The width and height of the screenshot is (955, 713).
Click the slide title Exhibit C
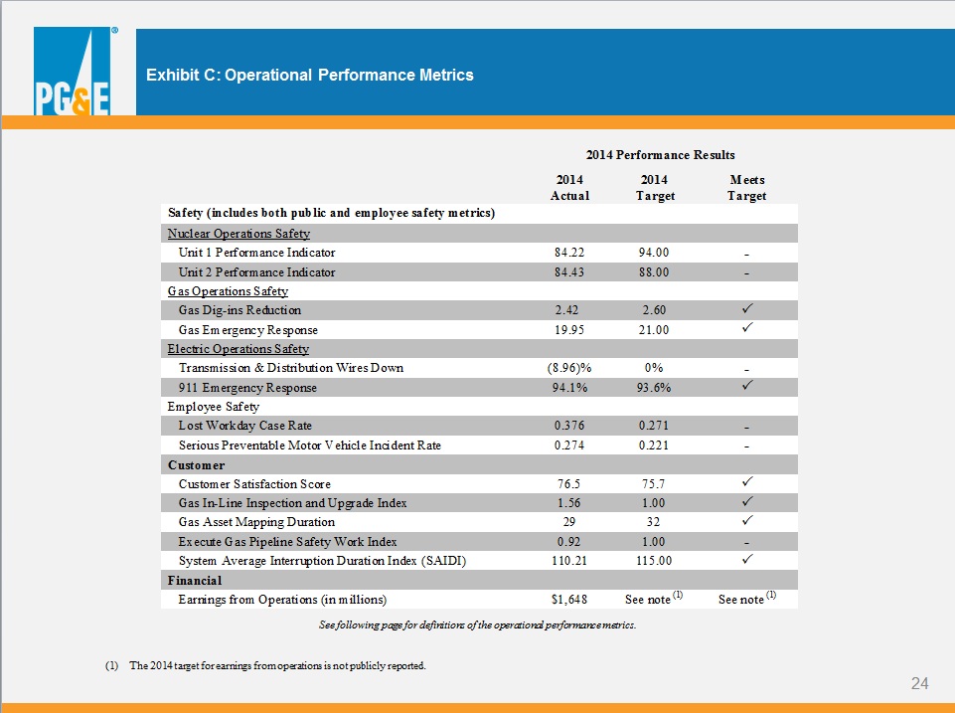pos(309,75)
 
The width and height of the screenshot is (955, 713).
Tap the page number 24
pos(919,683)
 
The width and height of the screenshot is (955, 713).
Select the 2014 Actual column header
pos(569,188)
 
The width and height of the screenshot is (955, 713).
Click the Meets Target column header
pos(746,188)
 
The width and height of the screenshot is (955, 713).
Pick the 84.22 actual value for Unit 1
pos(568,253)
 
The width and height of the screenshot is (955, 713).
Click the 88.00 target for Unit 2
pos(654,271)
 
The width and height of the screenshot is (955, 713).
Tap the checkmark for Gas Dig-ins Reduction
pos(747,308)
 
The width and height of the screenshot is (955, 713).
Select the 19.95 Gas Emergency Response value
pos(568,330)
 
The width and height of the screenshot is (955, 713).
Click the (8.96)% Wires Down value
pos(568,368)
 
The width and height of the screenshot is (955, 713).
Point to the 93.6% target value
pos(654,388)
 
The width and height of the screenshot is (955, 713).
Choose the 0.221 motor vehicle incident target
pos(654,446)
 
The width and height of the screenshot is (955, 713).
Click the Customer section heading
pos(196,465)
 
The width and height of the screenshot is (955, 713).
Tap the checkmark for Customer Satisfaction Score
pos(747,481)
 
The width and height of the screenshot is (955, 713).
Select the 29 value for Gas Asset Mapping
pos(568,522)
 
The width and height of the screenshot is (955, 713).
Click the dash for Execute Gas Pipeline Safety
pos(746,543)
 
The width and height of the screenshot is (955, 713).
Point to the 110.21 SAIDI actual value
pos(568,561)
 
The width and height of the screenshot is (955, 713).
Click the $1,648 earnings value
pos(568,600)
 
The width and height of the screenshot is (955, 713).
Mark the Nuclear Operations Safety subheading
pos(239,234)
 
